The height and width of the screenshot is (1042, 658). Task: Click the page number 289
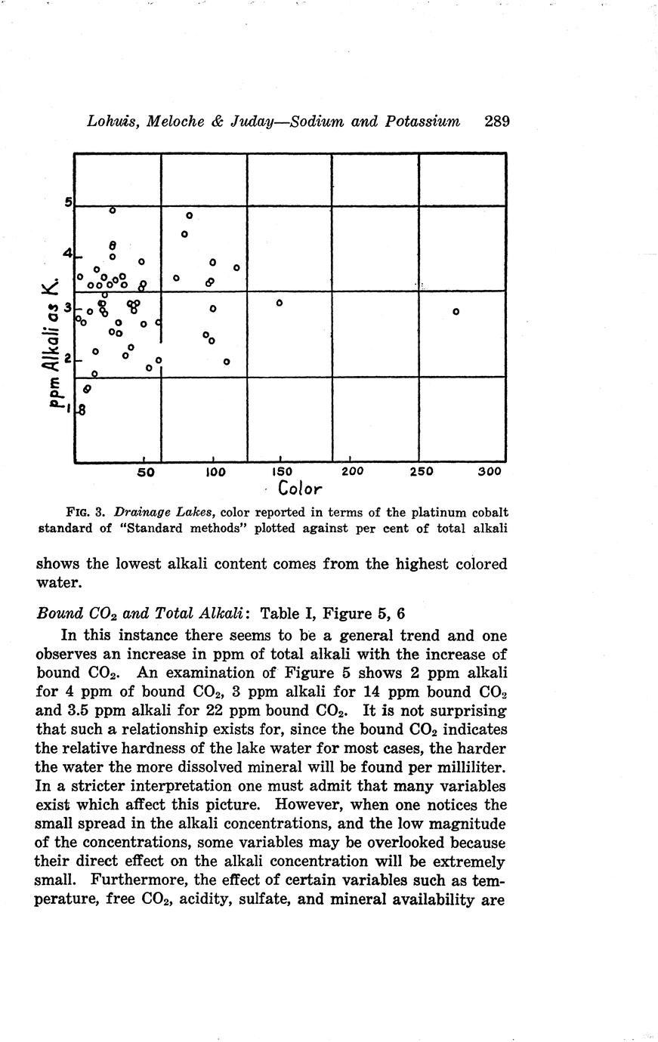click(497, 122)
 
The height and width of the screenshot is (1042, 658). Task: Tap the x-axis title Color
click(300, 489)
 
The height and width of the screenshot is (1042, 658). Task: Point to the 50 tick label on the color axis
click(146, 472)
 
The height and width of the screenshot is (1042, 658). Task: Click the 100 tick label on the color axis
click(215, 472)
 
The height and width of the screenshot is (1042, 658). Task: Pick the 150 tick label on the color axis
click(281, 472)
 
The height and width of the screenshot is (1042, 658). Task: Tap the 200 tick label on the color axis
click(352, 472)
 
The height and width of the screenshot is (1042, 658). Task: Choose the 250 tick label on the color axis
click(421, 472)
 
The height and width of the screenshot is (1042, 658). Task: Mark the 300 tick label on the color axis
click(490, 472)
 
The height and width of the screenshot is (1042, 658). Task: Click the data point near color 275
click(456, 311)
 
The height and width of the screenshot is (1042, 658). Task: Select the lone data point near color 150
click(279, 303)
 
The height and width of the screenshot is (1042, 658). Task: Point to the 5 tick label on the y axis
click(67, 202)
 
